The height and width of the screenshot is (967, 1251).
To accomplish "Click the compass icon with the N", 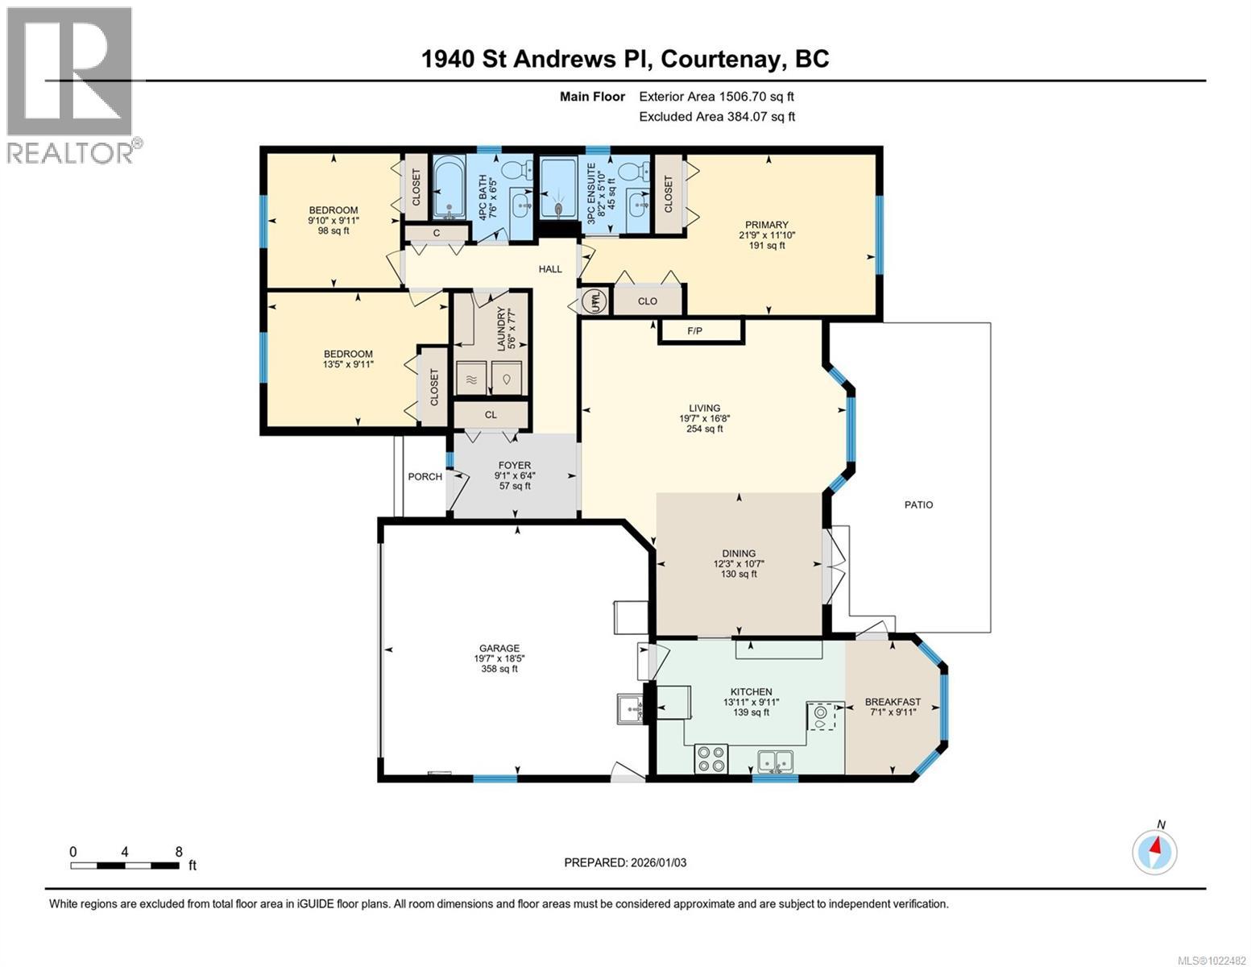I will click(x=1154, y=851).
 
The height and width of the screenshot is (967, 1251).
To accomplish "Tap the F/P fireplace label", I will click(x=696, y=330).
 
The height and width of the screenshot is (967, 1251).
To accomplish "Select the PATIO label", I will click(x=918, y=504).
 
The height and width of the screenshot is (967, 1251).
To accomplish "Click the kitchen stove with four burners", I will click(x=710, y=758).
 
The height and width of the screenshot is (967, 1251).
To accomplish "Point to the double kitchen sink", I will click(x=775, y=759).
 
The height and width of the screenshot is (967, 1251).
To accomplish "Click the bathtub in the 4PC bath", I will click(x=449, y=188).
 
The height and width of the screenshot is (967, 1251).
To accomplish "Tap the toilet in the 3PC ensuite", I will click(x=640, y=171).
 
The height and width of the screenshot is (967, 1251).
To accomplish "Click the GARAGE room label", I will click(x=499, y=648).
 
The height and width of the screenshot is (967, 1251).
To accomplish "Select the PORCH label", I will click(x=425, y=476).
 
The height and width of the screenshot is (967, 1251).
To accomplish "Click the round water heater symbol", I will click(x=594, y=302).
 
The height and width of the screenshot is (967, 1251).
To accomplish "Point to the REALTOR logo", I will click(x=71, y=85).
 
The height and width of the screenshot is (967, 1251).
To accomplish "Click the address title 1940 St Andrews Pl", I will click(x=625, y=59).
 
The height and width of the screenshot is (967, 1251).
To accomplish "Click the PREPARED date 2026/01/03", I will click(x=625, y=862).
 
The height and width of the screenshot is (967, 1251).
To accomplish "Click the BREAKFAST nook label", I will click(x=893, y=702).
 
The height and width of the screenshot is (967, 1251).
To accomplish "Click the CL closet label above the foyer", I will click(x=491, y=415).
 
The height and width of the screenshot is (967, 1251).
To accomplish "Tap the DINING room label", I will click(x=739, y=553).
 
